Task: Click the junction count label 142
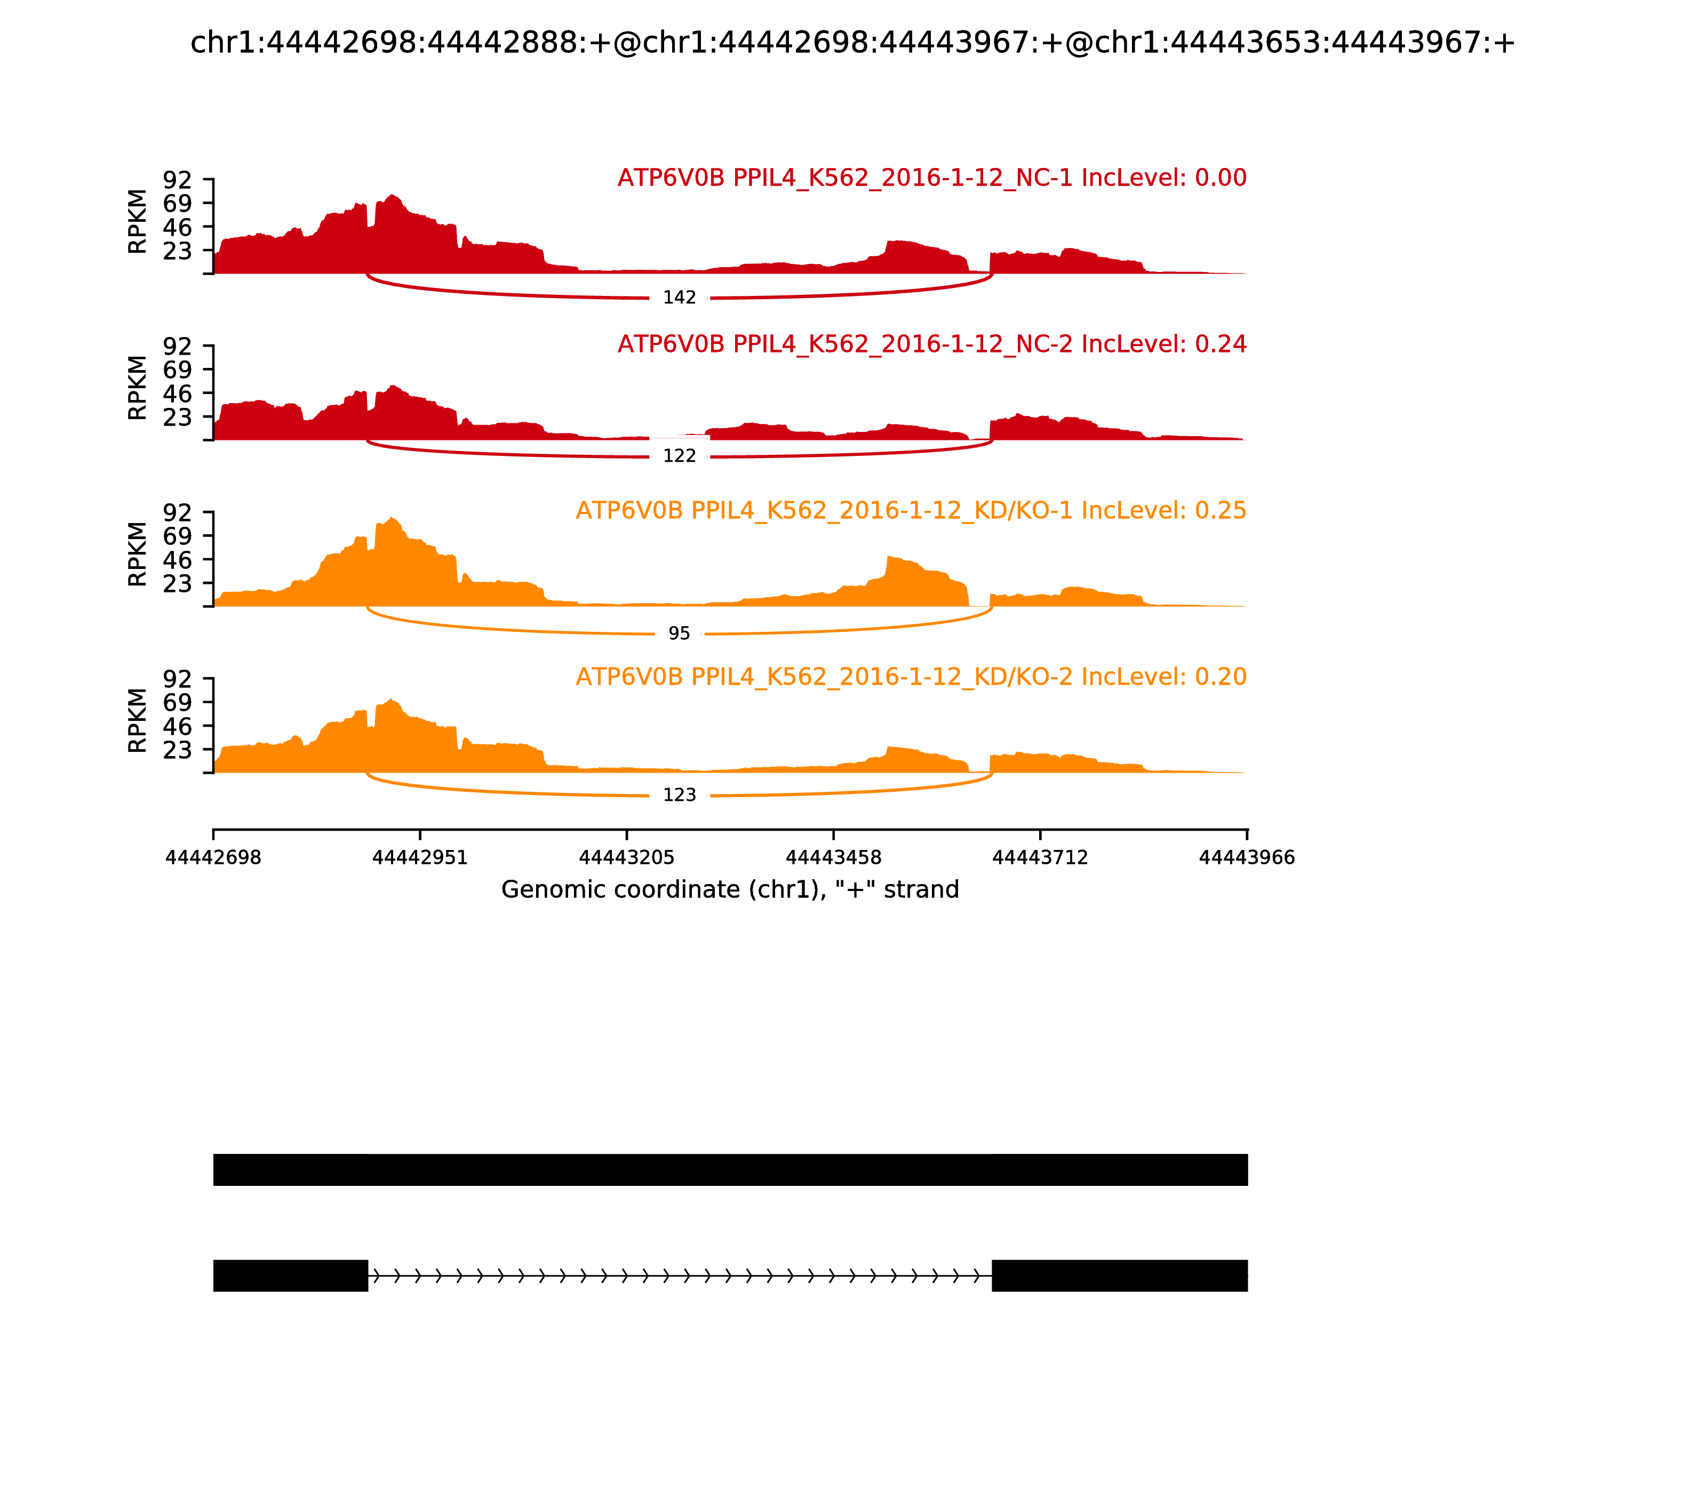coord(679,298)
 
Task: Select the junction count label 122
coord(679,456)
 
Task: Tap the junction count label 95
coord(679,633)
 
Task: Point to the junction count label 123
coord(679,795)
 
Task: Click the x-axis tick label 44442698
coord(213,857)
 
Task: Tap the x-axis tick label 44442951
coord(420,857)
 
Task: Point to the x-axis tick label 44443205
coord(627,857)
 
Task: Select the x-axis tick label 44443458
coord(833,857)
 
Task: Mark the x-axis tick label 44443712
coord(1040,857)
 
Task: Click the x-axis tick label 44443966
coord(1247,857)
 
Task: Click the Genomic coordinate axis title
coord(730,890)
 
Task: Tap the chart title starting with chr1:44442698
coord(852,43)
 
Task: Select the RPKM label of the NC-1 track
coord(138,222)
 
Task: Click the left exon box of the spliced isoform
coord(290,1275)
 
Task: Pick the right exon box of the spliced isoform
coord(1119,1275)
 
